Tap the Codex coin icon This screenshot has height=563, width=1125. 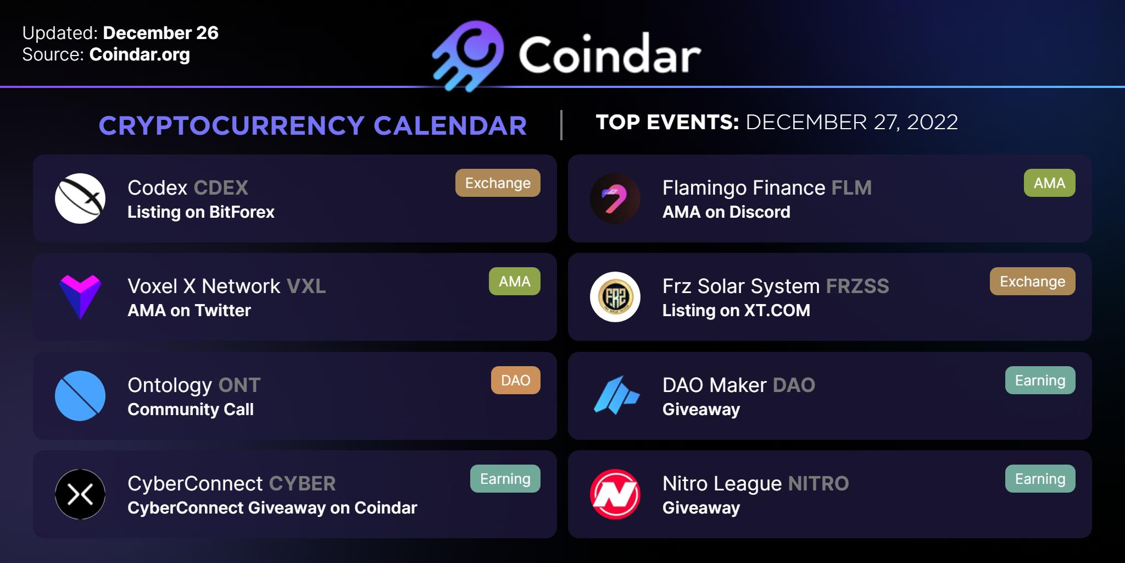pyautogui.click(x=80, y=198)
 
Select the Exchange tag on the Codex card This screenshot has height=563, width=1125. pyautogui.click(x=498, y=183)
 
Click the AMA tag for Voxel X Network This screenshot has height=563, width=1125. pyautogui.click(x=515, y=281)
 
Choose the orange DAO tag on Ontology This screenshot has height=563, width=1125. pyautogui.click(x=516, y=380)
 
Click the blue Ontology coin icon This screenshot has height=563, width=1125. pyautogui.click(x=80, y=396)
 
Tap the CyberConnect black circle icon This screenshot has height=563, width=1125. pyautogui.click(x=80, y=494)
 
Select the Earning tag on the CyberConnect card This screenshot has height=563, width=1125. pyautogui.click(x=505, y=479)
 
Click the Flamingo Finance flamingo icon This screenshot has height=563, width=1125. pyautogui.click(x=615, y=198)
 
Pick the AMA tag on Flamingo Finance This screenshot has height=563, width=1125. pyautogui.click(x=1050, y=183)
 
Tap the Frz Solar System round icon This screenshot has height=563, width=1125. pyautogui.click(x=615, y=297)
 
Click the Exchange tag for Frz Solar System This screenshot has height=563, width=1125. pyautogui.click(x=1033, y=281)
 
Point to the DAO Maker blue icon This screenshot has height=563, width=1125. pyautogui.click(x=616, y=395)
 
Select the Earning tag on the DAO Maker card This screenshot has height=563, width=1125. pyautogui.click(x=1040, y=380)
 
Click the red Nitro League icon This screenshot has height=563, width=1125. pyautogui.click(x=615, y=494)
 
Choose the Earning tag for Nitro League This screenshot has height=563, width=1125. pyautogui.click(x=1040, y=479)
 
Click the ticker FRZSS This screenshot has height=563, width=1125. pyautogui.click(x=857, y=286)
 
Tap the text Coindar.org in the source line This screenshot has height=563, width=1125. pyautogui.click(x=140, y=55)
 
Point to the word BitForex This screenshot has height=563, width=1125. pyautogui.click(x=242, y=212)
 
